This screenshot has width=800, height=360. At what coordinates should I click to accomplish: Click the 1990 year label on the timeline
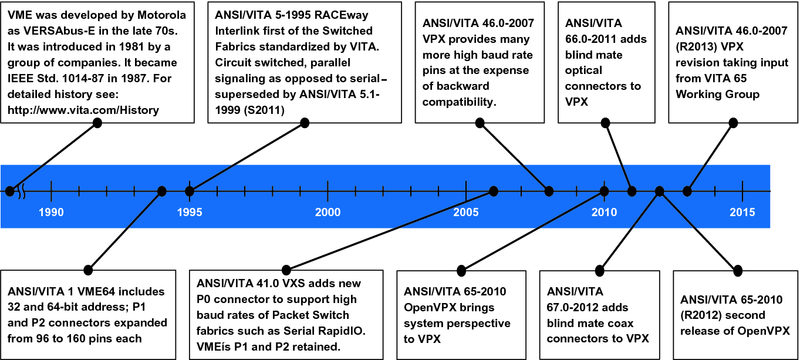pos(51,213)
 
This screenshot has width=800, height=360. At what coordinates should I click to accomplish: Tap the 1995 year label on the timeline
pos(189,213)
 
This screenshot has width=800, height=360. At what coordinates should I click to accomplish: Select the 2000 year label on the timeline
pos(328,213)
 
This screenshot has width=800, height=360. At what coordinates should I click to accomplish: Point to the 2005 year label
pos(465,213)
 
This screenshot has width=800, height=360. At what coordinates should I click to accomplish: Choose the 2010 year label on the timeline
pos(604,213)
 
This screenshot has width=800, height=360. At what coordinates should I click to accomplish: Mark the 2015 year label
pos(742,213)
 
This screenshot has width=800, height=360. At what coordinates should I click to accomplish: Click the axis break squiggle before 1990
pos(22,191)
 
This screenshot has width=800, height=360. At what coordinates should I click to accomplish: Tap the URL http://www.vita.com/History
pos(83,110)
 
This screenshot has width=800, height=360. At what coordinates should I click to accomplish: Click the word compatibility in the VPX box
pos(460,102)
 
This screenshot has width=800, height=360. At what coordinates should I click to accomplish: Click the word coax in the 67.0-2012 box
pos(620,323)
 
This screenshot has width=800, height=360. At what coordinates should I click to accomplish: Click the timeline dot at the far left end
pos(9,191)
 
